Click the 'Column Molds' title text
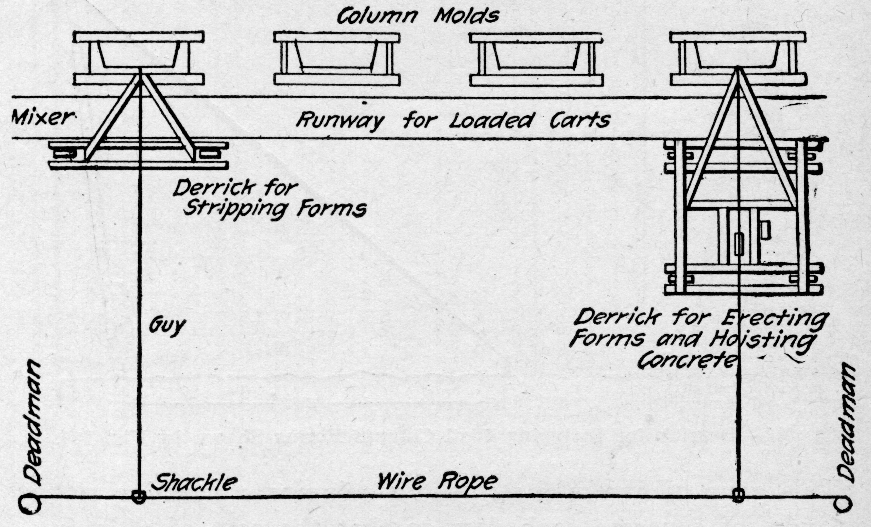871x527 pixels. coord(417,16)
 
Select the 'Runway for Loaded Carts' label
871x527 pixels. coord(453,121)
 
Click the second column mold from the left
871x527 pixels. coord(337,58)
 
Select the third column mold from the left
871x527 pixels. coord(536,59)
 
